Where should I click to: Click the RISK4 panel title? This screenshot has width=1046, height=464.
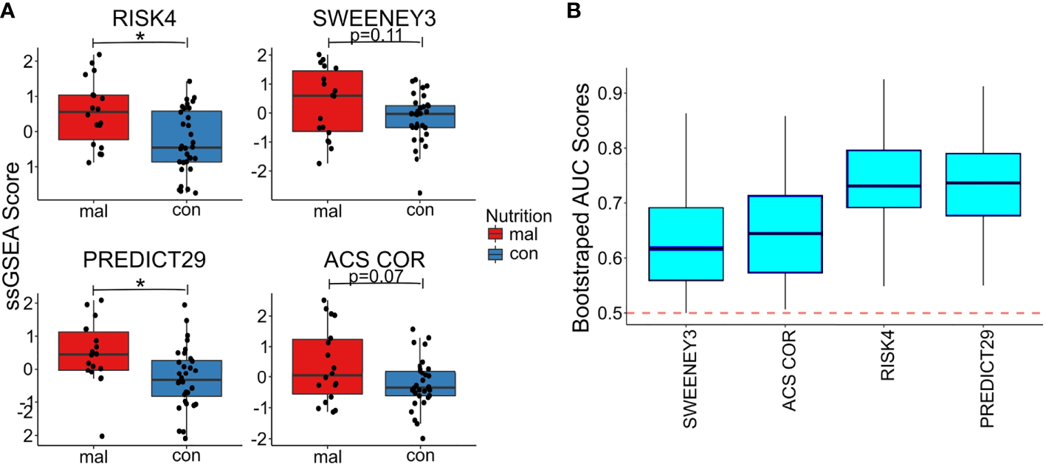tap(140, 19)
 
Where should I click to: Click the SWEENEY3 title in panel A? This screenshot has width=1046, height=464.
tap(374, 19)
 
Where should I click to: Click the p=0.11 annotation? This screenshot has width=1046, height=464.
tap(374, 35)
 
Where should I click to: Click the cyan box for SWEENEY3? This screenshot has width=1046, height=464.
tap(686, 244)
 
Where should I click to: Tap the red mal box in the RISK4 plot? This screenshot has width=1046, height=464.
tap(93, 117)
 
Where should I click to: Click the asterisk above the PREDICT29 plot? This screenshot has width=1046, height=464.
tap(140, 284)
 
